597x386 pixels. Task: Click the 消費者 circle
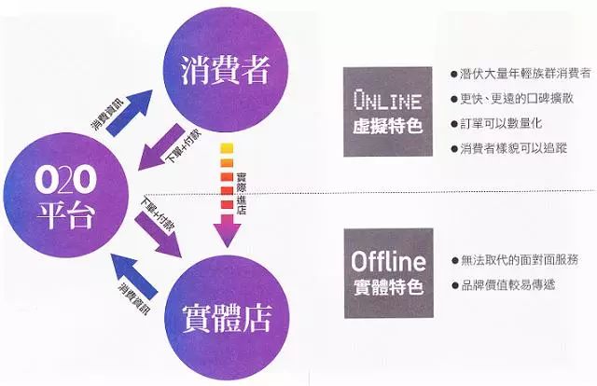coord(228,65)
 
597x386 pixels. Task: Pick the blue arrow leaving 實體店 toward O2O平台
coord(131,277)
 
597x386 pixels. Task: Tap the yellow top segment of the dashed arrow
coord(226,148)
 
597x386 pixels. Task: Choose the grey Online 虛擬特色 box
coord(388,111)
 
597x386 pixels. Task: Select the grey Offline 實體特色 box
coord(388,269)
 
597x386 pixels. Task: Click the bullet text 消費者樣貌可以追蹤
coord(513,148)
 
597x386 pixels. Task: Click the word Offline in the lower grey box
coord(388,258)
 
